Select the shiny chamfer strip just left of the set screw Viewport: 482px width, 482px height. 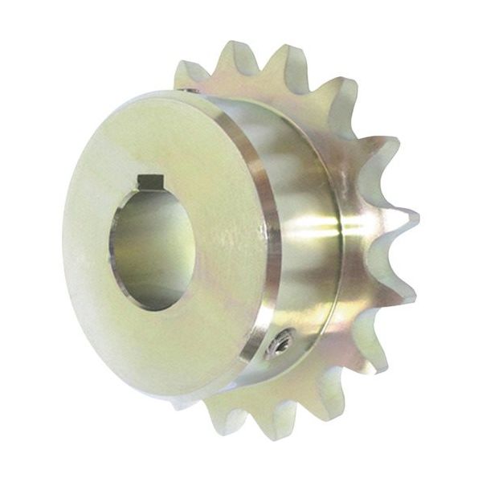point(261,341)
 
